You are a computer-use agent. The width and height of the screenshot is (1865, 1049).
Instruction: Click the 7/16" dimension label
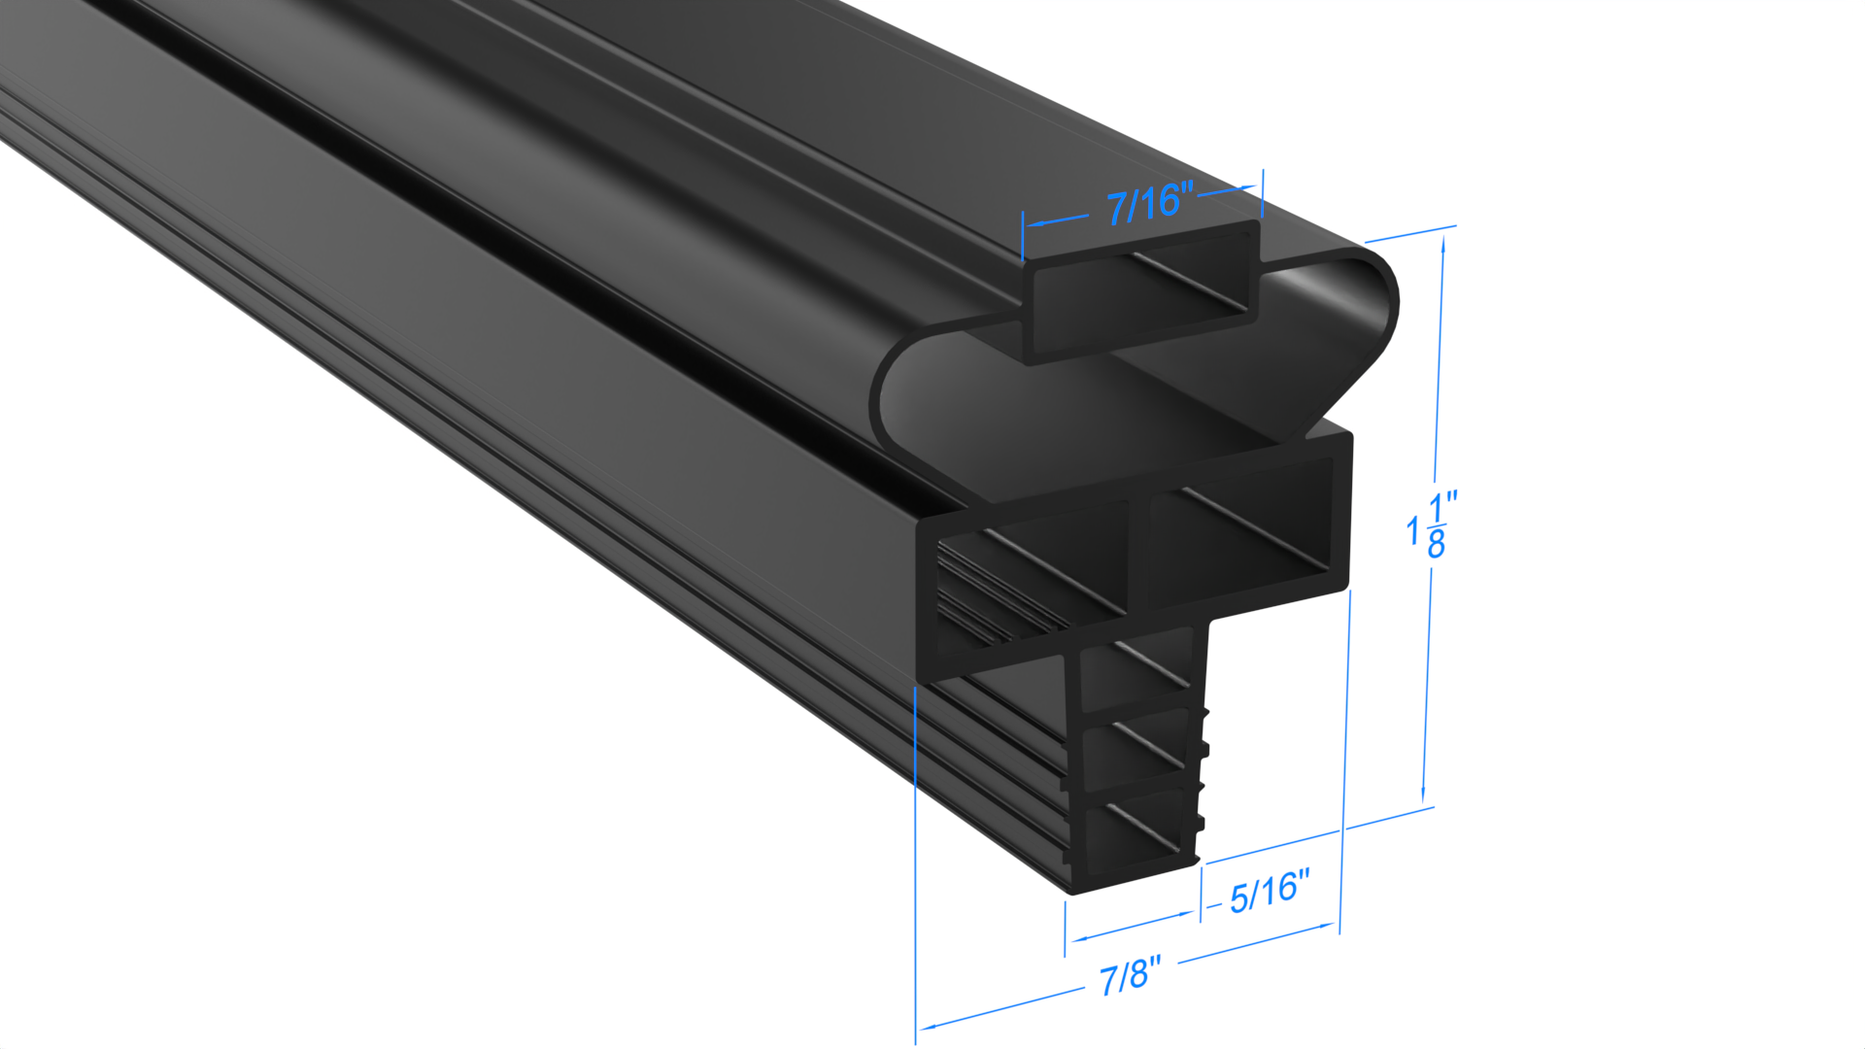1149,203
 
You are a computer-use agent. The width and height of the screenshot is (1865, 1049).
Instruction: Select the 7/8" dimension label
1130,975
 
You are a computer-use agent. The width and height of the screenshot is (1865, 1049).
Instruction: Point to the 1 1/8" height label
1432,524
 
